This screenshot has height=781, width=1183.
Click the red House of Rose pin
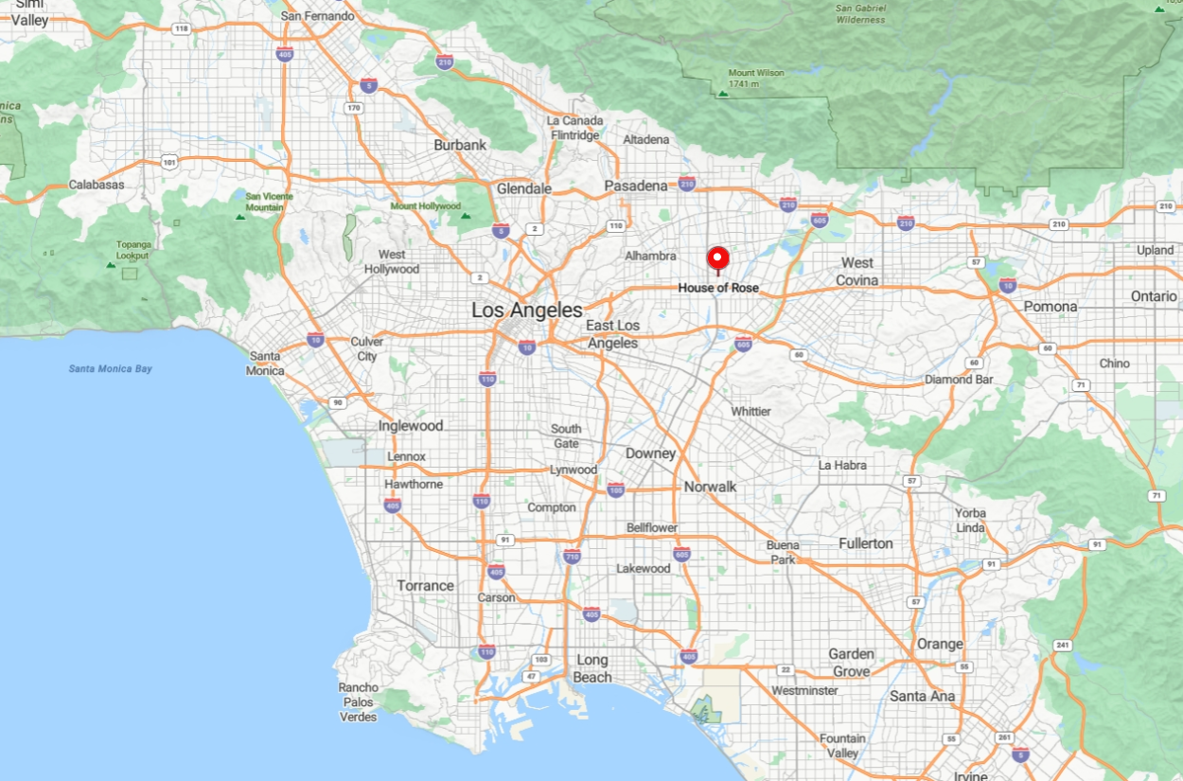point(717,257)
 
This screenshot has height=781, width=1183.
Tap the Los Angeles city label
point(527,310)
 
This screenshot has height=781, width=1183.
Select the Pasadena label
point(636,186)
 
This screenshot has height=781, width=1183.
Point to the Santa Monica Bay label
point(110,368)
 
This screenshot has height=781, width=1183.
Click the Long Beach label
point(592,668)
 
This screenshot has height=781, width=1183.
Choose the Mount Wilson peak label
point(756,78)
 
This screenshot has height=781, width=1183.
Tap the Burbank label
point(460,145)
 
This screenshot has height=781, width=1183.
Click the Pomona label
point(1051,307)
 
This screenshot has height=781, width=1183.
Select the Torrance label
point(425,585)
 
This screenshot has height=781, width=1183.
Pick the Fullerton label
point(865,542)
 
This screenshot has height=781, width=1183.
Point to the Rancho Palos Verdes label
point(359,701)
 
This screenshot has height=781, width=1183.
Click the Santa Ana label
point(922,696)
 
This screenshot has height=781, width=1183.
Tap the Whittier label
point(750,411)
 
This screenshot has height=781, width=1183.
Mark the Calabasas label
point(97,185)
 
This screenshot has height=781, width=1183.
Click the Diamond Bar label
point(961,379)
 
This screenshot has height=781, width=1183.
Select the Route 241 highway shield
point(1062,645)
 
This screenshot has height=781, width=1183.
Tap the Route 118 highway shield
point(181,29)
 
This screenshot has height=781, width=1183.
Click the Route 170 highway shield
point(354,107)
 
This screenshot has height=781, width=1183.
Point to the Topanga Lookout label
point(133,250)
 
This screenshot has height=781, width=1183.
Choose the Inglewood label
point(411,425)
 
